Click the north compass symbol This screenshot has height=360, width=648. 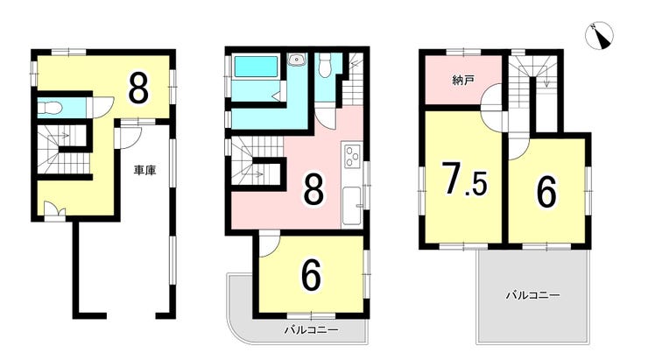pyautogui.click(x=599, y=36)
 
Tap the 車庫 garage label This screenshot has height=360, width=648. pyautogui.click(x=144, y=170)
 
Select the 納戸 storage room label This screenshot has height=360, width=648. pyautogui.click(x=463, y=80)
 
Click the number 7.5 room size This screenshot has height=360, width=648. pyautogui.click(x=464, y=179)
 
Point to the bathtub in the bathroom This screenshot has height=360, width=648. pyautogui.click(x=257, y=66)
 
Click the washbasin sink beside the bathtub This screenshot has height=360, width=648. pyautogui.click(x=296, y=60)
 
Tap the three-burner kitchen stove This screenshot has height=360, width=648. pyautogui.click(x=353, y=156)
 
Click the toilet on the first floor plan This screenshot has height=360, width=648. pyautogui.click(x=50, y=108)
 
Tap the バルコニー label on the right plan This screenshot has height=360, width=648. pyautogui.click(x=533, y=295)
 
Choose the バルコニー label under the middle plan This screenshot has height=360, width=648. pyautogui.click(x=311, y=330)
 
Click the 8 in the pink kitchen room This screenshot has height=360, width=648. pyautogui.click(x=313, y=188)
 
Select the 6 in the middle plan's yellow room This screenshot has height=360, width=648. pyautogui.click(x=311, y=276)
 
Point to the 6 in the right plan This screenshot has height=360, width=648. pyautogui.click(x=546, y=191)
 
